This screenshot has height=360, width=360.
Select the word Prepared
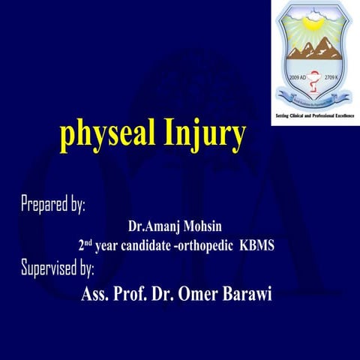click(46, 205)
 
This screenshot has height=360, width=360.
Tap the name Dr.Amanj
click(154, 226)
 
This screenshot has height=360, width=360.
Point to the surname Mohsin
click(205, 226)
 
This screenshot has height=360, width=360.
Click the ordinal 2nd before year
click(85, 245)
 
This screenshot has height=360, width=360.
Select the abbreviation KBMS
click(256, 246)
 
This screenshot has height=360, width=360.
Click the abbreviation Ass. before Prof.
click(96, 293)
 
